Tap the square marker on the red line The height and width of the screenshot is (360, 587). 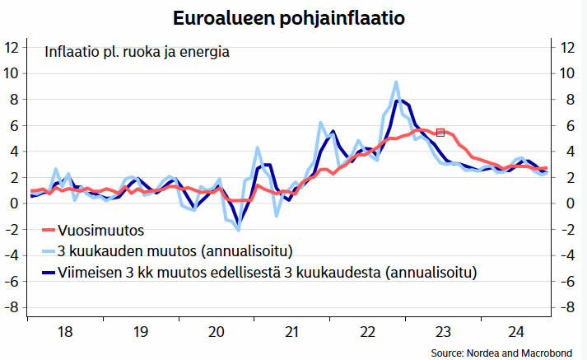[440, 132]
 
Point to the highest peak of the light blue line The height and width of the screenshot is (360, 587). [396, 82]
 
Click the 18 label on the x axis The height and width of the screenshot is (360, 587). [64, 332]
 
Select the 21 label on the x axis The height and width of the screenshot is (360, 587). [291, 332]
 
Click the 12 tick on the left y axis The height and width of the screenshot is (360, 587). [12, 47]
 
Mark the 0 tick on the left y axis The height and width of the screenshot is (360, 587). [14, 203]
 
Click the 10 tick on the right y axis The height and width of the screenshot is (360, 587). [566, 72]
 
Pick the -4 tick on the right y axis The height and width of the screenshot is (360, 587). [566, 255]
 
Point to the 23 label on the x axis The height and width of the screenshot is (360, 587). [442, 332]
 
